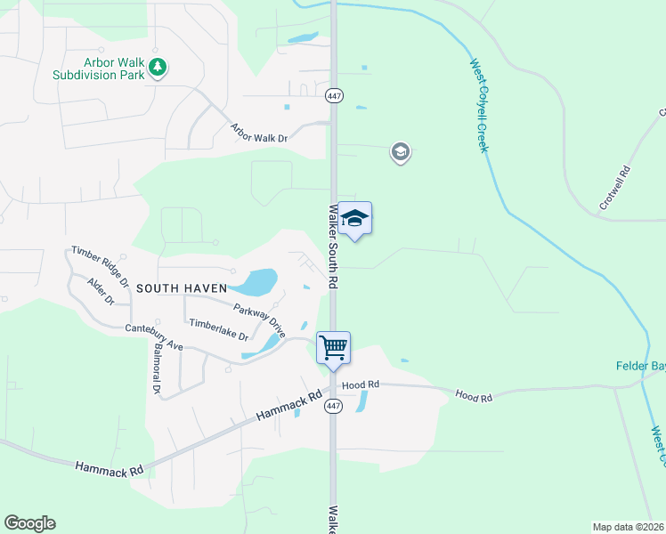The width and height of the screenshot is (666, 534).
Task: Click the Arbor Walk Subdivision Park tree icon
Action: pyautogui.click(x=158, y=68)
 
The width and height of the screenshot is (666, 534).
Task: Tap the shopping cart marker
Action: pyautogui.click(x=333, y=348)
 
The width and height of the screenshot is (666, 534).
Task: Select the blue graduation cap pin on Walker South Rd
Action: pyautogui.click(x=354, y=219)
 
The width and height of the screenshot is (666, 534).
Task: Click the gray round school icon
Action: pyautogui.click(x=400, y=153)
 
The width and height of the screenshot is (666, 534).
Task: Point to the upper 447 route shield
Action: pyautogui.click(x=333, y=96)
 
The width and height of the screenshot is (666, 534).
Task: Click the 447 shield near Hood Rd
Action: pyautogui.click(x=333, y=407)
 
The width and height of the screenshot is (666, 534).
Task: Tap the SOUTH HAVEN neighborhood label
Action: pyautogui.click(x=182, y=288)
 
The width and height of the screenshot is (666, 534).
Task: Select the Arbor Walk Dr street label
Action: pyautogui.click(x=259, y=133)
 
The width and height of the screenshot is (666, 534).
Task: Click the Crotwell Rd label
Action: pyautogui.click(x=614, y=188)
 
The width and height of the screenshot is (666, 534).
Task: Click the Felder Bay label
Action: pyautogui.click(x=640, y=366)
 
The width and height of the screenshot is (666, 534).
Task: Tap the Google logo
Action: pyautogui.click(x=29, y=523)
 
